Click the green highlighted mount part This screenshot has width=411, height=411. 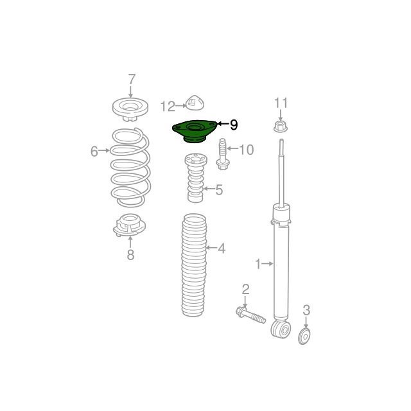coord(194,131)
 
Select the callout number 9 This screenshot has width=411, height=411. coord(234,125)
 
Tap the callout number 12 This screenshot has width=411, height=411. coord(168,107)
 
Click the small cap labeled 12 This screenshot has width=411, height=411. coord(195,103)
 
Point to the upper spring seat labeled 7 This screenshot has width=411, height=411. coord(130,109)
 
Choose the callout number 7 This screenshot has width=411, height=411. coord(132,79)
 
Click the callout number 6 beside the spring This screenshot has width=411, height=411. coord(94,152)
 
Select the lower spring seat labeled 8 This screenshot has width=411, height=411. coord(129,225)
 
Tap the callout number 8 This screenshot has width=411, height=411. coord(130,254)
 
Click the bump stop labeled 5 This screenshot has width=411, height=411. coord(195,178)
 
